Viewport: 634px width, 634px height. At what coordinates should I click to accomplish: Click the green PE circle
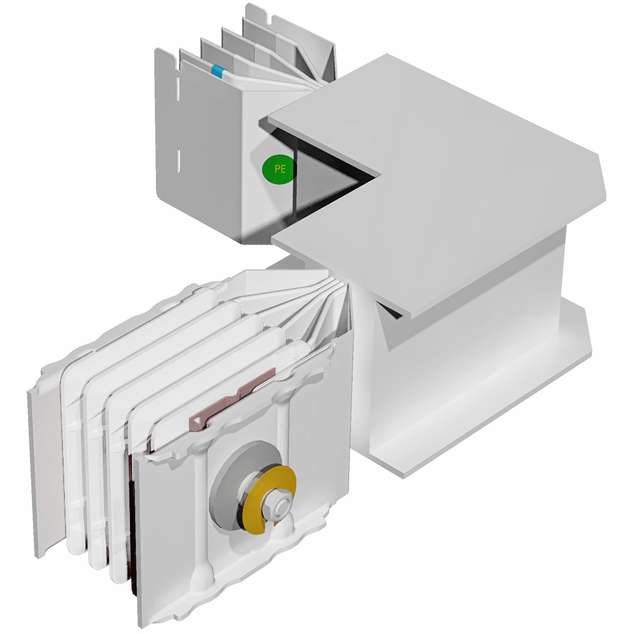coord(280,169)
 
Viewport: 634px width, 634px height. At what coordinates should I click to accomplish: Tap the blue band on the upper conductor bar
coord(217,71)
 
